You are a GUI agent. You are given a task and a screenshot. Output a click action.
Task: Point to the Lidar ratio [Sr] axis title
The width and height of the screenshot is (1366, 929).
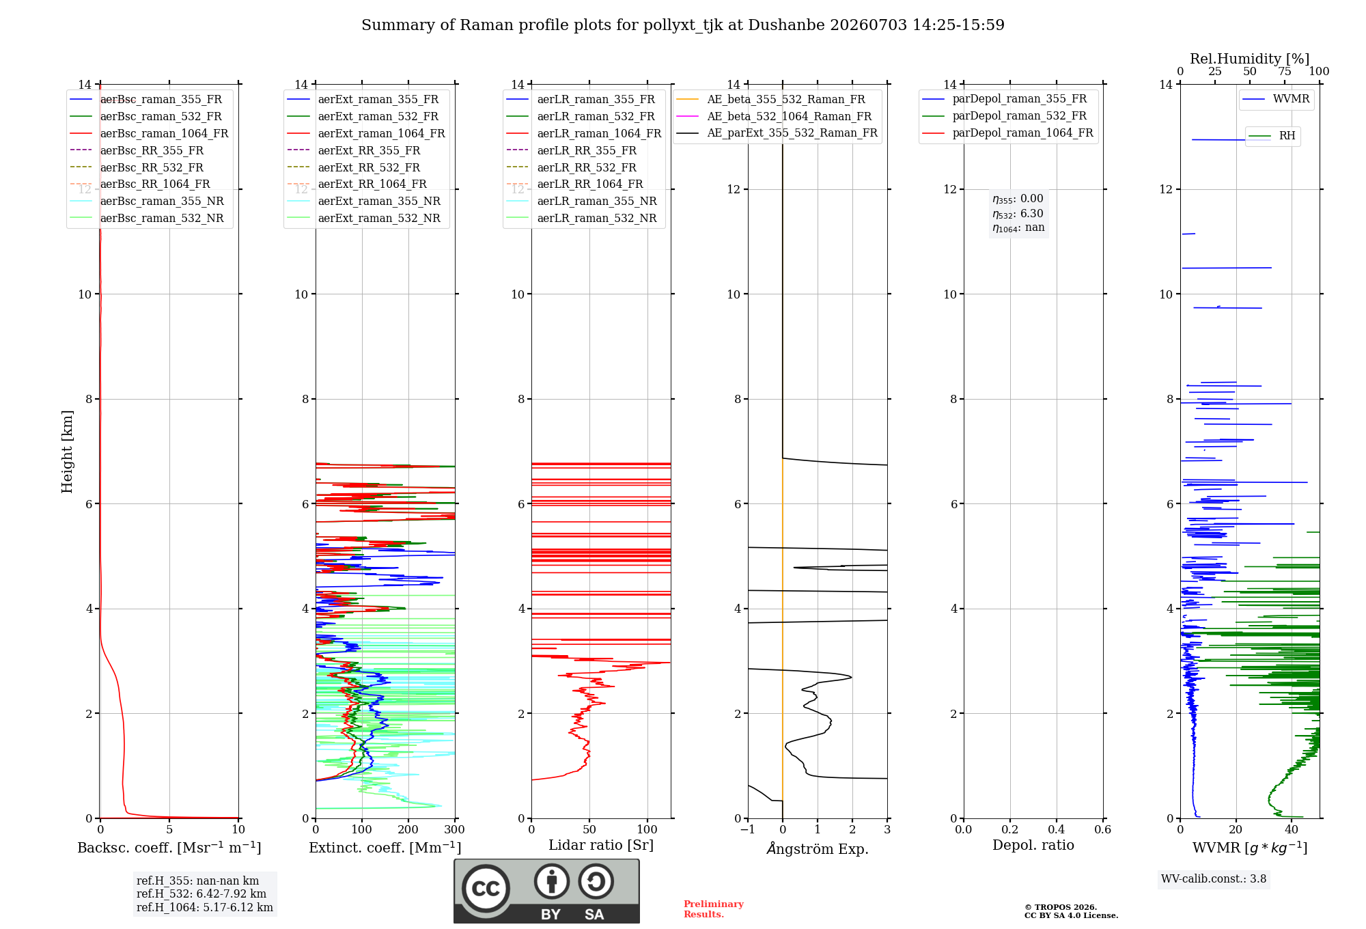pyautogui.click(x=601, y=845)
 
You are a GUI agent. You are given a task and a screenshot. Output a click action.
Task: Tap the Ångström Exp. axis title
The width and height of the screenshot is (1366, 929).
pyautogui.click(x=818, y=848)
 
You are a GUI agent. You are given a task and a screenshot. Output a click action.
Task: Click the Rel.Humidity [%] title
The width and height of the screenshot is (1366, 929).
pyautogui.click(x=1249, y=59)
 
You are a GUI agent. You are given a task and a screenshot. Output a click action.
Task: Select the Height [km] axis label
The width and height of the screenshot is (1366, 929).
pyautogui.click(x=67, y=452)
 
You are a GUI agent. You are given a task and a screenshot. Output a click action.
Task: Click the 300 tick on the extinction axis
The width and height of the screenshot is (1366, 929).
pyautogui.click(x=454, y=829)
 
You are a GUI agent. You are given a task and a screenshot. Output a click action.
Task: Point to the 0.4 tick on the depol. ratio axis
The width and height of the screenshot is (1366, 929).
pyautogui.click(x=1056, y=829)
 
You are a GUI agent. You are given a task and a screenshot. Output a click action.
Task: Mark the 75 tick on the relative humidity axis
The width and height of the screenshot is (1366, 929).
pyautogui.click(x=1284, y=72)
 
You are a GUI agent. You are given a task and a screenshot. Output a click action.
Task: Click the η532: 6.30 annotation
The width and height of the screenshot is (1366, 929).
pyautogui.click(x=1018, y=214)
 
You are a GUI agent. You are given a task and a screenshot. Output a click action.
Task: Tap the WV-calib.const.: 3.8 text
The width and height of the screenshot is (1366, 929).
pyautogui.click(x=1214, y=878)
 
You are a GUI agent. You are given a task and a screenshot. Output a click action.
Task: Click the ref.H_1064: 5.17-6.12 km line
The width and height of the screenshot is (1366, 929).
pyautogui.click(x=205, y=907)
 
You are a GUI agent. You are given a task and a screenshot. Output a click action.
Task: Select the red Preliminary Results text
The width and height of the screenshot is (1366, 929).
pyautogui.click(x=714, y=909)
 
